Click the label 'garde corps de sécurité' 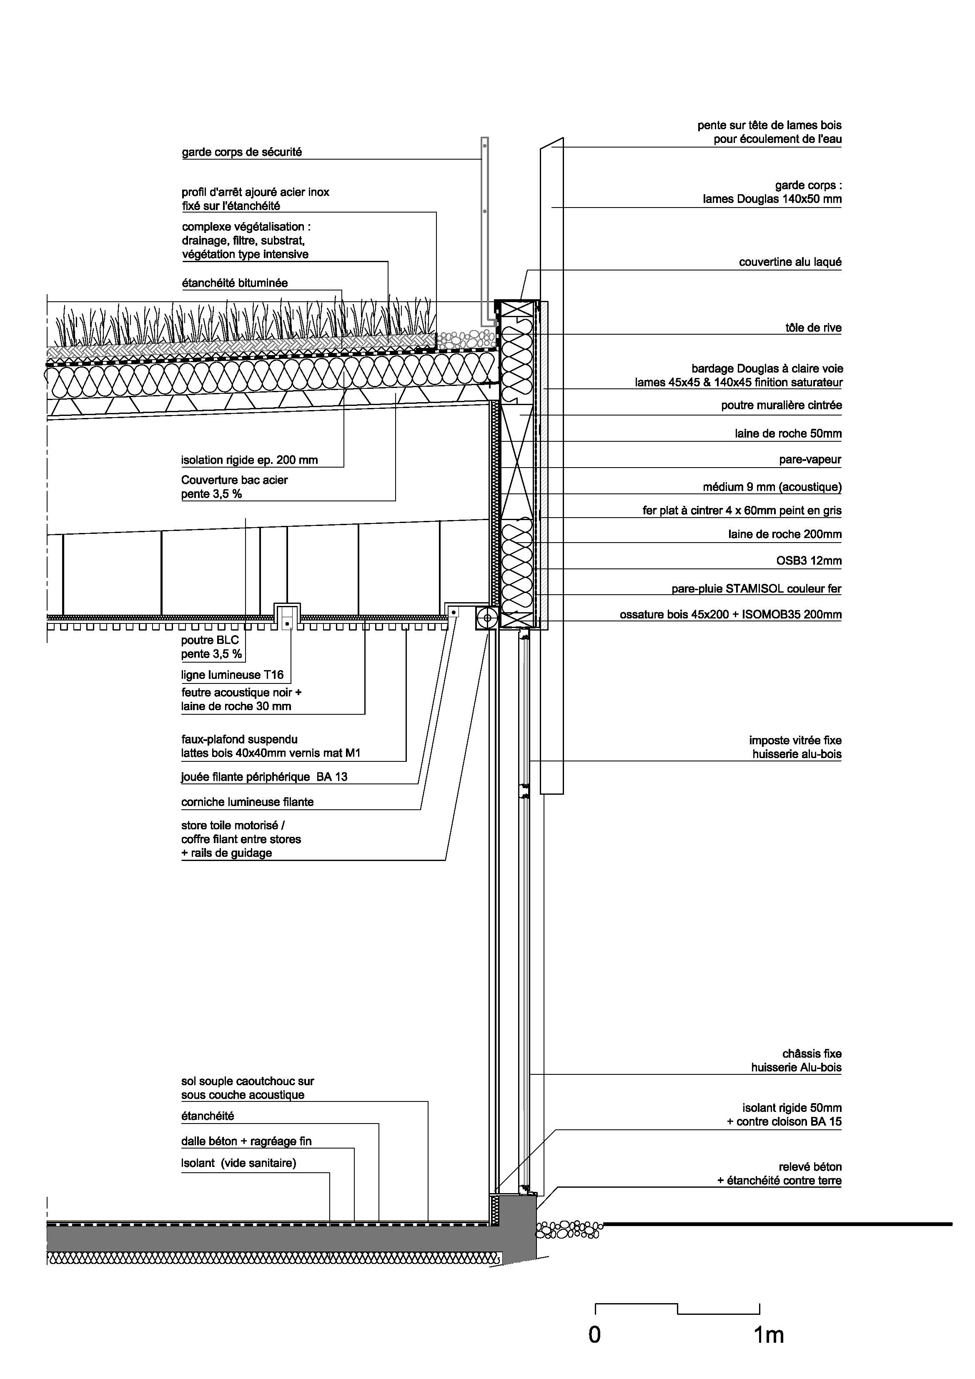pos(241,152)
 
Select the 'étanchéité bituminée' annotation pos(235,283)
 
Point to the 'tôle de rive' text pos(813,328)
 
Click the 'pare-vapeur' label pos(810,460)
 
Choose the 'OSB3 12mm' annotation pos(809,561)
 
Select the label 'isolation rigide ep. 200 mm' pos(249,461)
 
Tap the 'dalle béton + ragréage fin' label pos(246,1141)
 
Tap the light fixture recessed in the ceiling pos(287,617)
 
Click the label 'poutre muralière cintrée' pos(782,405)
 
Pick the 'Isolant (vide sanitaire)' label pos(238,1163)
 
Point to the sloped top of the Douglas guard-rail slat pos(552,143)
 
